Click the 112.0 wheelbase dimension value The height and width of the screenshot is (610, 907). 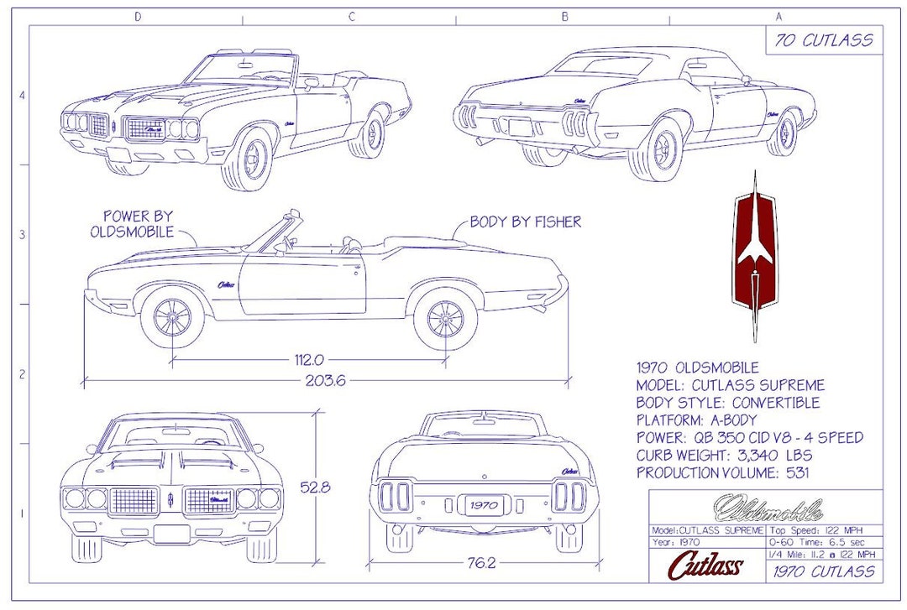(308, 360)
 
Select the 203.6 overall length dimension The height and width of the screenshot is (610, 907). (325, 379)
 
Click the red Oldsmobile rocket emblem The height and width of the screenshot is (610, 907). (754, 256)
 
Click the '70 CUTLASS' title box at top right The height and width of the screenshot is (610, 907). (823, 40)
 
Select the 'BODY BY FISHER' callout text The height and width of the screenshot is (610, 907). (525, 222)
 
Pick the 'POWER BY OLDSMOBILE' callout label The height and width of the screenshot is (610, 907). (133, 224)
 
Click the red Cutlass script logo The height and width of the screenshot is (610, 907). (705, 566)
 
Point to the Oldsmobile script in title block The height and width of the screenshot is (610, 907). (767, 509)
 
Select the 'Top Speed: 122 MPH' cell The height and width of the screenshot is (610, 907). (823, 531)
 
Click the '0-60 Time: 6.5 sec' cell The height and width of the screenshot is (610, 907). (823, 543)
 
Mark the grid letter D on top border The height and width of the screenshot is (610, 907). (137, 16)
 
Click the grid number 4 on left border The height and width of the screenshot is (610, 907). (21, 96)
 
